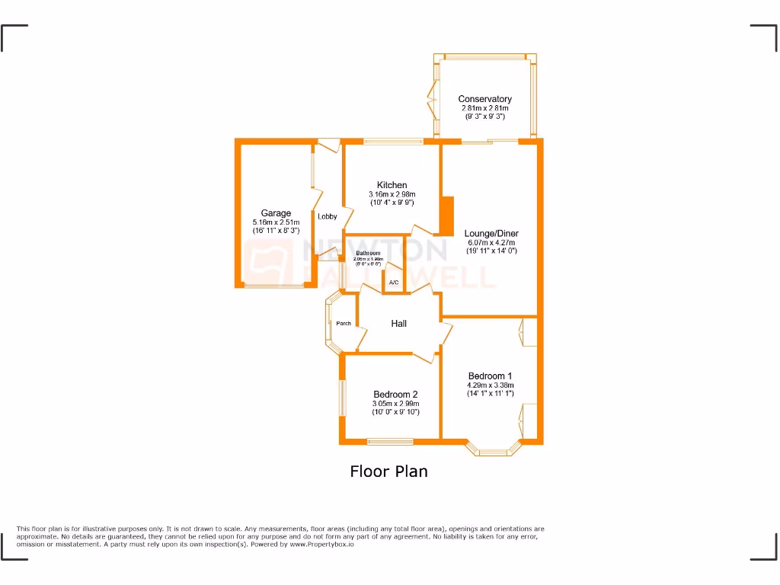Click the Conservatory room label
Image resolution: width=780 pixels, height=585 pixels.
484,99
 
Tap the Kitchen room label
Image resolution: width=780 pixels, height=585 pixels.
392,185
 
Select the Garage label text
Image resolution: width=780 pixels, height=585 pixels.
276,213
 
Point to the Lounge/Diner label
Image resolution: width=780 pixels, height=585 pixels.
491,233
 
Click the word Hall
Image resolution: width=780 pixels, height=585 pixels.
398,324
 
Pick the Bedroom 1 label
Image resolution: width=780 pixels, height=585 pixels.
490,376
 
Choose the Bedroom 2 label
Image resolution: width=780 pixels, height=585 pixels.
395,394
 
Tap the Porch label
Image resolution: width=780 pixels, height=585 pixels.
344,324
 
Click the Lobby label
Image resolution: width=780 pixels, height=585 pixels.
328,216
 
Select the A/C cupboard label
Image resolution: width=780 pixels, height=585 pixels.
393,283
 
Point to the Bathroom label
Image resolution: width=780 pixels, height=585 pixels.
368,253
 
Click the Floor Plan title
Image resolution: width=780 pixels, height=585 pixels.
388,472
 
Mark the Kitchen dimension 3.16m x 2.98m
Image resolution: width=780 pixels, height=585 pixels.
392,194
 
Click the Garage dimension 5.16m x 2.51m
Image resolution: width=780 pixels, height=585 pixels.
276,222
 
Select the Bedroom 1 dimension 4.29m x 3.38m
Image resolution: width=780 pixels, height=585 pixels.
490,385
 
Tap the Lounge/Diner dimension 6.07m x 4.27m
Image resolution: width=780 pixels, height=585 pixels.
491,242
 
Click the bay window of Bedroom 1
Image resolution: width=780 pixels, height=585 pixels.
494,451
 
